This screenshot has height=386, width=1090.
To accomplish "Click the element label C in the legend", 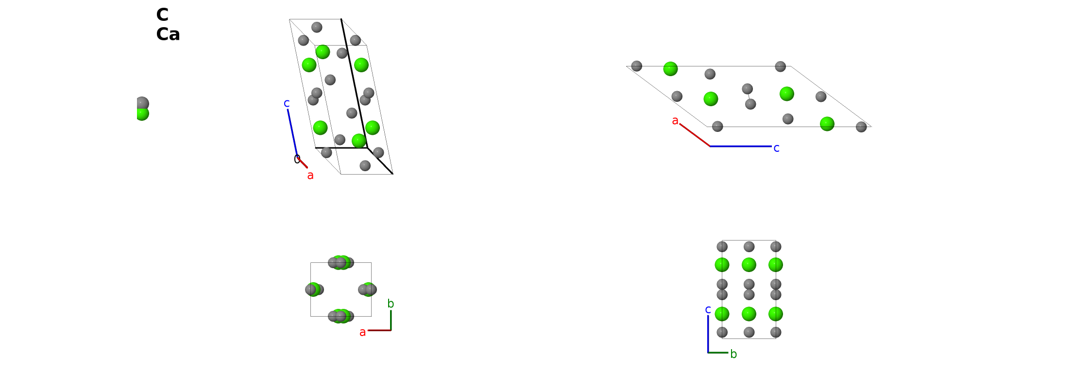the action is pyautogui.click(x=162, y=15).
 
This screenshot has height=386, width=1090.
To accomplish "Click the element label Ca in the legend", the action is pyautogui.click(x=168, y=34).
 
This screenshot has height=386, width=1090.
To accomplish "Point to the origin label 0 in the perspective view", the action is pyautogui.click(x=297, y=160).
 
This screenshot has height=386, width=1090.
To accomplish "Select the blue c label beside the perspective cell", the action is pyautogui.click(x=287, y=103).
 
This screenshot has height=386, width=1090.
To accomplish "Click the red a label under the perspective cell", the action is pyautogui.click(x=310, y=176).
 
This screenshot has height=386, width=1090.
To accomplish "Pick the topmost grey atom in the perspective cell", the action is pyautogui.click(x=317, y=27).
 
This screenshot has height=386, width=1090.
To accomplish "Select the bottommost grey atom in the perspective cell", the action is pyautogui.click(x=365, y=166).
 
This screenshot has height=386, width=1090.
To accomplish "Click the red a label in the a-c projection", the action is pyautogui.click(x=675, y=121).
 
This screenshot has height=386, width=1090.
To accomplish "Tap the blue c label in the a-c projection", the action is pyautogui.click(x=776, y=148).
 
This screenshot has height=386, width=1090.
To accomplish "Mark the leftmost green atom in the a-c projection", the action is pyautogui.click(x=670, y=69).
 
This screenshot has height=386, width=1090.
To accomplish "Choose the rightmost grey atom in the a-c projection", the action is pyautogui.click(x=861, y=127).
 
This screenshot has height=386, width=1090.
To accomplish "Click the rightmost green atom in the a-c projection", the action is pyautogui.click(x=827, y=124).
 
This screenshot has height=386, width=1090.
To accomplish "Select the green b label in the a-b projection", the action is pyautogui.click(x=391, y=304).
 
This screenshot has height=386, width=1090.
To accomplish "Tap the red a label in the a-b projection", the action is pyautogui.click(x=362, y=333).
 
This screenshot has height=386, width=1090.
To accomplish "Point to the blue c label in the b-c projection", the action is pyautogui.click(x=708, y=310).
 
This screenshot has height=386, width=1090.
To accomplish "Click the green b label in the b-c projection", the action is pyautogui.click(x=733, y=354).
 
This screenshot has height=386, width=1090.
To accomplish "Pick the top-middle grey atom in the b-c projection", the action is pyautogui.click(x=749, y=247).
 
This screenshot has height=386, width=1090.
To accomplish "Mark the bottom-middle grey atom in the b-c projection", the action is pyautogui.click(x=749, y=332).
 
